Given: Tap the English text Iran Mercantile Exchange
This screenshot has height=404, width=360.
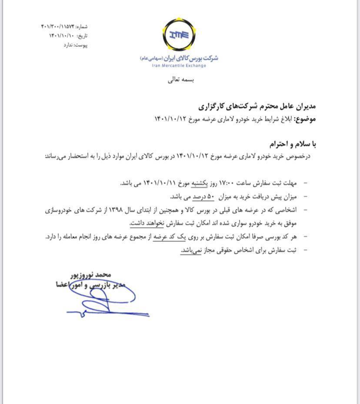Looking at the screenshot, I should pyautogui.click(x=179, y=66).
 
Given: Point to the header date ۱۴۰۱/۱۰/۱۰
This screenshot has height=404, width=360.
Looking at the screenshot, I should pyautogui.click(x=63, y=36).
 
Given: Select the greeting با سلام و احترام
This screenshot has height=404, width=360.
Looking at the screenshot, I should pyautogui.click(x=289, y=143).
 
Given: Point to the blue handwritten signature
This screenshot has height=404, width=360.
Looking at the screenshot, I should pyautogui.click(x=104, y=300).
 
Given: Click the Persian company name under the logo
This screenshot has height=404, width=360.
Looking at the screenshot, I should pyautogui.click(x=179, y=58).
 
